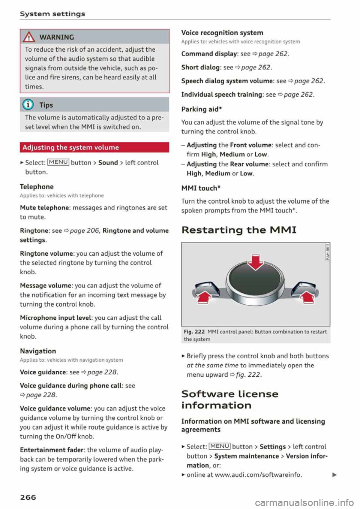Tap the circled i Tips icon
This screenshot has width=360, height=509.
point(29,105)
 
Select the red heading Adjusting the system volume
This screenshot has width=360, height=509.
point(70,147)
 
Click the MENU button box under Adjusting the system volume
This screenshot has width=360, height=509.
point(58,162)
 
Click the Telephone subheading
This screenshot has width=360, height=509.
point(37,187)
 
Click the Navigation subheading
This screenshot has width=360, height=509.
point(38,351)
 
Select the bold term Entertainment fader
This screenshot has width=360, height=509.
point(52,450)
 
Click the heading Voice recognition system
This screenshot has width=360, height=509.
point(222,33)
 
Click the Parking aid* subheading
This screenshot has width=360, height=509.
point(201,109)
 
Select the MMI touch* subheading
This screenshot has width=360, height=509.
point(201,188)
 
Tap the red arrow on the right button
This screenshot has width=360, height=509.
point(308,297)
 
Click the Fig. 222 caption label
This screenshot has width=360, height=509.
point(194,332)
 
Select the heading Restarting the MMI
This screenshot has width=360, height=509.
point(239,230)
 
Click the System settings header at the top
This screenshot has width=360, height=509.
point(52,14)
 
